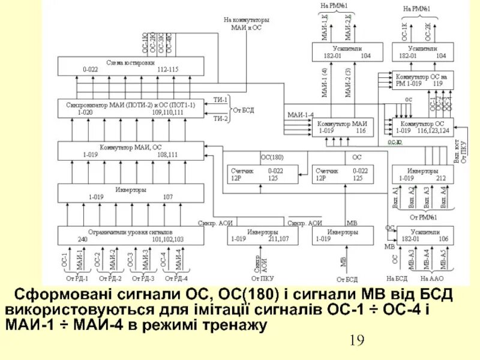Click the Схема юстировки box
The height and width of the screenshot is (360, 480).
click(x=131, y=65)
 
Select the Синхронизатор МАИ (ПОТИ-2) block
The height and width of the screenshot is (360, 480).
click(x=131, y=108)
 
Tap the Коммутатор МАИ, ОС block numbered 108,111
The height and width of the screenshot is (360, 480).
click(x=131, y=150)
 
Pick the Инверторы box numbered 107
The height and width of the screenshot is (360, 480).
click(x=131, y=193)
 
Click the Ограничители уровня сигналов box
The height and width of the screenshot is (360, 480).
click(x=131, y=235)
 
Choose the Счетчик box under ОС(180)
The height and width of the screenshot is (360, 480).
click(x=263, y=174)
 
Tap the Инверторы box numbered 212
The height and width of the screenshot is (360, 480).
click(x=422, y=174)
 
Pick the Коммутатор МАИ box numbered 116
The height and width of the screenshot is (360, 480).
click(x=342, y=126)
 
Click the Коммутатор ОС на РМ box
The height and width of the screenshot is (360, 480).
click(x=422, y=80)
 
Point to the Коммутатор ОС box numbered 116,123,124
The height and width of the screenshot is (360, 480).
click(x=422, y=126)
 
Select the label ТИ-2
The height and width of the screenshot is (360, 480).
click(x=220, y=118)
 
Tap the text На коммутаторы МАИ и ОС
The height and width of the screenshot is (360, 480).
click(x=247, y=23)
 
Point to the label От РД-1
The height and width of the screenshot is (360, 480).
click(x=77, y=278)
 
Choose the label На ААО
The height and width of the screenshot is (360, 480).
click(x=431, y=278)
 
